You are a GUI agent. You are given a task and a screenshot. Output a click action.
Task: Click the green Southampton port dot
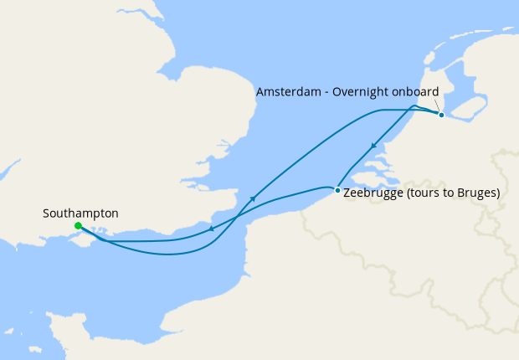click(78, 226)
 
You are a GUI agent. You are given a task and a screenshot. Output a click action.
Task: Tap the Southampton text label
click(80, 213)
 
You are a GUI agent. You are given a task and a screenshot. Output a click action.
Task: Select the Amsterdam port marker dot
click(441, 115)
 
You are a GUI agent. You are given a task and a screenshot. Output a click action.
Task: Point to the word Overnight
click(364, 92)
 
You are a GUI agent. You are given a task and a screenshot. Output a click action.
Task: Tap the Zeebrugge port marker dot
click(337, 191)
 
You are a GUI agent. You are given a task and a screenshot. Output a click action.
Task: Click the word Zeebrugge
click(373, 193)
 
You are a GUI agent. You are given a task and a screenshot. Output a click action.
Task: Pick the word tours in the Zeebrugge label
click(422, 193)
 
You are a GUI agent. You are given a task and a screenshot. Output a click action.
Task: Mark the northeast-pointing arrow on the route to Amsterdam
click(253, 198)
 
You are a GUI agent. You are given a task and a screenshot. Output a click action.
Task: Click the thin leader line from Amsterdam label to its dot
click(435, 105)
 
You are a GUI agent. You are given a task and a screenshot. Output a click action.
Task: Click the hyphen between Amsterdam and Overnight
click(327, 92)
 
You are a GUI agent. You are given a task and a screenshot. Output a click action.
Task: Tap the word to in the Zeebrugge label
click(444, 193)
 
